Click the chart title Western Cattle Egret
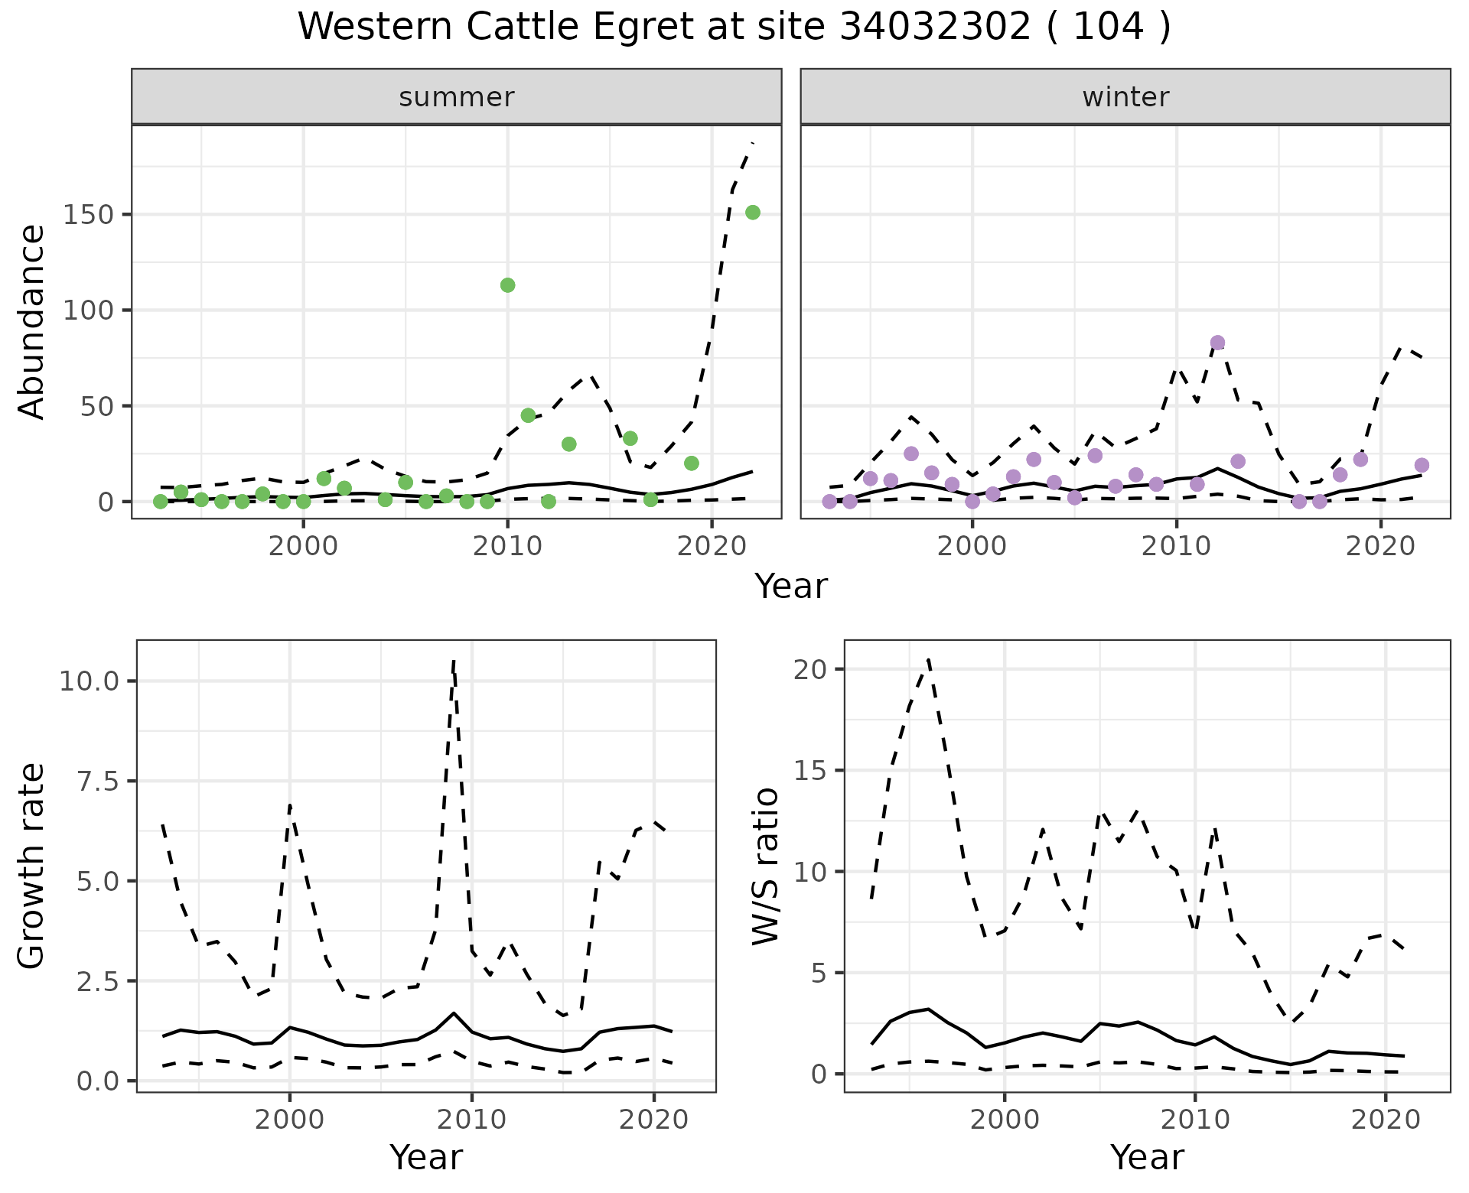(x=734, y=28)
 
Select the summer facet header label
(x=457, y=97)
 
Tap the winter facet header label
(x=1125, y=97)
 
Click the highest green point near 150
(x=753, y=213)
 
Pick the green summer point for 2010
(x=507, y=285)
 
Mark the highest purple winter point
(x=1218, y=343)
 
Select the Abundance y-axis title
(x=32, y=321)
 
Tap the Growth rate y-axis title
(x=32, y=866)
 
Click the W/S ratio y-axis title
(x=765, y=866)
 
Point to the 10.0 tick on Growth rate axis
(x=88, y=681)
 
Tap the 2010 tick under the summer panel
(x=507, y=547)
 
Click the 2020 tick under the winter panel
(x=1380, y=547)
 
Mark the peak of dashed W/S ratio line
(x=928, y=659)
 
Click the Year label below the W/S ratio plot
(x=1147, y=1158)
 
